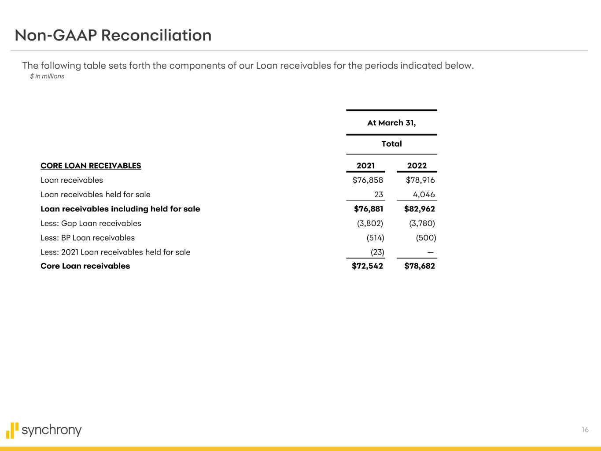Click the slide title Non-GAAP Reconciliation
tap(113, 35)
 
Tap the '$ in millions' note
tap(47, 76)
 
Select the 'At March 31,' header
tap(391, 123)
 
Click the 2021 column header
tap(365, 166)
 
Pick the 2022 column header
tap(417, 166)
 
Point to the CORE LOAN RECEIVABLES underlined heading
tap(91, 166)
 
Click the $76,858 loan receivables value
tap(368, 180)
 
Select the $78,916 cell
tap(420, 180)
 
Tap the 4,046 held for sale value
tap(424, 195)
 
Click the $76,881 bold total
tap(369, 209)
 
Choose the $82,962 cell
tap(420, 209)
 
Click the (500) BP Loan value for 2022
tap(426, 238)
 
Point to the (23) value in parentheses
tap(375, 252)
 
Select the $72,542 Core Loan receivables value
tap(367, 266)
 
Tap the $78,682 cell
tap(420, 266)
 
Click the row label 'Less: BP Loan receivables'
tap(88, 238)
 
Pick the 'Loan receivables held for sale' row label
tap(96, 195)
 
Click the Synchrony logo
tap(44, 430)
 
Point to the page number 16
tap(585, 430)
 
